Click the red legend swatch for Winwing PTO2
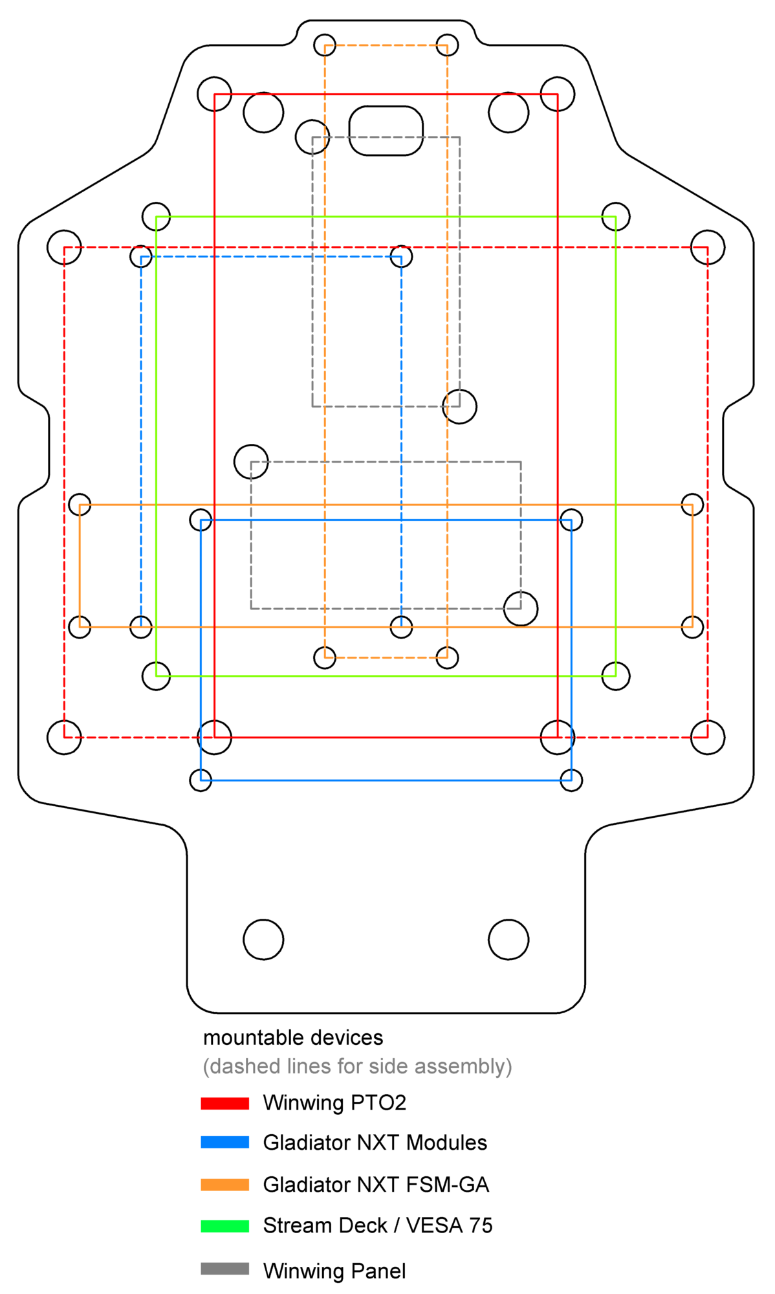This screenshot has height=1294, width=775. tap(224, 1103)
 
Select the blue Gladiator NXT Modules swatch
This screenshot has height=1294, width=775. tap(224, 1143)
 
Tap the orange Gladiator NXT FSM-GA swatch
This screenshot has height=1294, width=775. tap(224, 1185)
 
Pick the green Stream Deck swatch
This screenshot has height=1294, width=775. tap(224, 1226)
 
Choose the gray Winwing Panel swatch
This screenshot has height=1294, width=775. tap(224, 1269)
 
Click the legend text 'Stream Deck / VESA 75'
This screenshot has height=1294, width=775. tap(378, 1225)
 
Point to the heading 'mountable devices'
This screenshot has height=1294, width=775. tap(293, 1038)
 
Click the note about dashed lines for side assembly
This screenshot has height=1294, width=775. tap(357, 1067)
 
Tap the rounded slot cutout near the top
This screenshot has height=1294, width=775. tap(386, 131)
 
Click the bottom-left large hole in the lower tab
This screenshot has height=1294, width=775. tap(263, 939)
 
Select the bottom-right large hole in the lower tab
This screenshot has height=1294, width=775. tap(508, 939)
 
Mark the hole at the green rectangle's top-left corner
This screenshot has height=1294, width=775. tap(156, 217)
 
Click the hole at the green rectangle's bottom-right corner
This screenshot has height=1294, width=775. tap(615, 676)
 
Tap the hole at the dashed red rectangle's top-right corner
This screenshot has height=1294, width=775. tap(708, 247)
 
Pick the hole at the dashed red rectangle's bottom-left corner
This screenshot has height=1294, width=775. tap(64, 737)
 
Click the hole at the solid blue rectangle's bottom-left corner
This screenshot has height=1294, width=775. tap(201, 780)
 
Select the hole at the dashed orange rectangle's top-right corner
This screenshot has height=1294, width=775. tap(447, 45)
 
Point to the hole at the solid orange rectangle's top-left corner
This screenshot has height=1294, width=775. tap(80, 505)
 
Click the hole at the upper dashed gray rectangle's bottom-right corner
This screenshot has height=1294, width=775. tap(459, 406)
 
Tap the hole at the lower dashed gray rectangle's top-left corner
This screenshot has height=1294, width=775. tap(251, 462)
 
